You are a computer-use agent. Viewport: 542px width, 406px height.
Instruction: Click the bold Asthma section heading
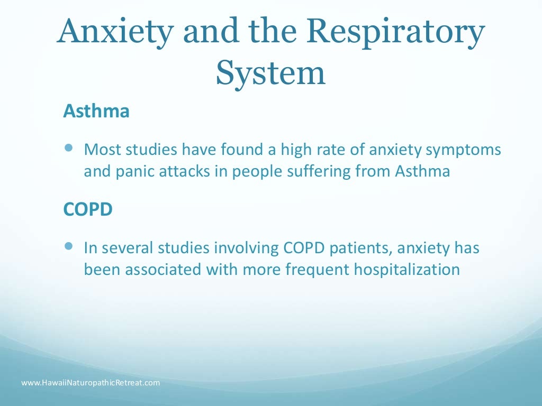coord(96,112)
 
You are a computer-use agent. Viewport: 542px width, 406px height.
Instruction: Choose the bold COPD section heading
coord(88,209)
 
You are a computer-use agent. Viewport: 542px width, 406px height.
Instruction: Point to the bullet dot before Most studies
coord(69,149)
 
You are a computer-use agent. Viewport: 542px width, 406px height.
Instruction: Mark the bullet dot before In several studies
coord(69,246)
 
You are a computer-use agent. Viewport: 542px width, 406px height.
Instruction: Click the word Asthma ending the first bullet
coord(423,172)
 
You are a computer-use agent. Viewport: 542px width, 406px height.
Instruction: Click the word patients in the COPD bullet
coord(363,247)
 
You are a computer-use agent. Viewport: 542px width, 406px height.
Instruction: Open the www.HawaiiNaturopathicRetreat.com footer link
coord(91,382)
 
